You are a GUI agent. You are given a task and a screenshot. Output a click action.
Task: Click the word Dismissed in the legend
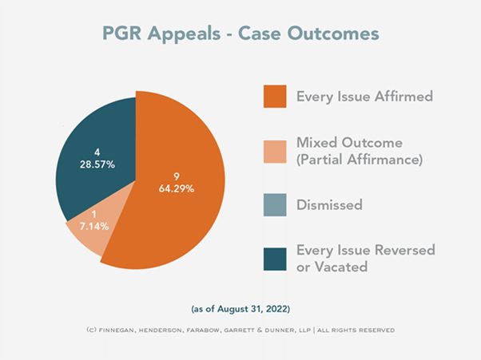tap(329, 205)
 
